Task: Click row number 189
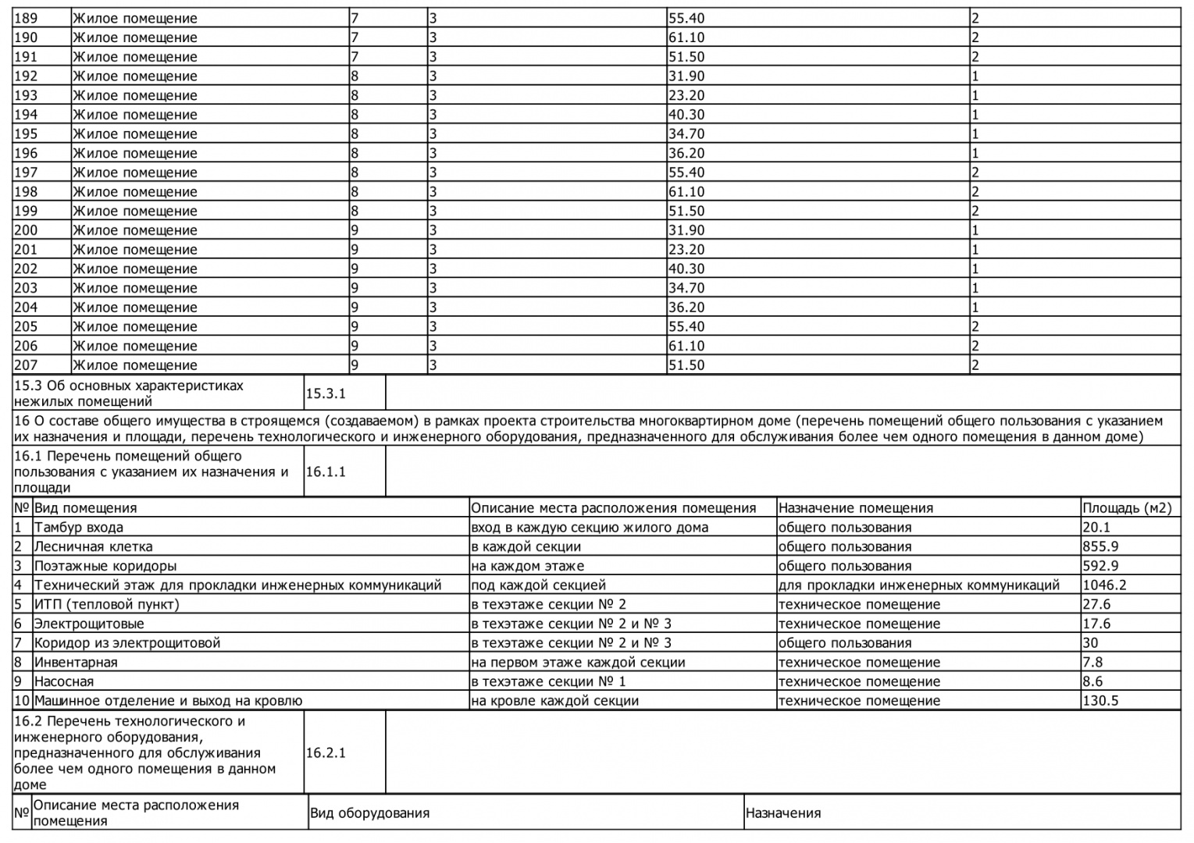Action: (x=26, y=18)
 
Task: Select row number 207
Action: (x=26, y=365)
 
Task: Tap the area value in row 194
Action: (x=686, y=114)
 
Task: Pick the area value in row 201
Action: (x=686, y=249)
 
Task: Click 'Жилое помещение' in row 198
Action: (x=135, y=191)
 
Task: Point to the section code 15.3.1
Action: (x=325, y=393)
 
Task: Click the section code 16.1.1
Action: (x=325, y=471)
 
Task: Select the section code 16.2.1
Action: (x=325, y=752)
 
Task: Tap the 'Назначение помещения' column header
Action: (x=855, y=507)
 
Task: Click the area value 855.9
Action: (x=1101, y=546)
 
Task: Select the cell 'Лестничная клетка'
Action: (x=93, y=546)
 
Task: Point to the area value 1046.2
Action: (x=1104, y=585)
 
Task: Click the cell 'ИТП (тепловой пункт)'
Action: (x=106, y=604)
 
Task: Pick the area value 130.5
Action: (x=1100, y=700)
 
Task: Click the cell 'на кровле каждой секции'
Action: (x=554, y=700)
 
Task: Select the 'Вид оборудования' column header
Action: (x=369, y=813)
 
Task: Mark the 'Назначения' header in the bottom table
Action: (x=782, y=813)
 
